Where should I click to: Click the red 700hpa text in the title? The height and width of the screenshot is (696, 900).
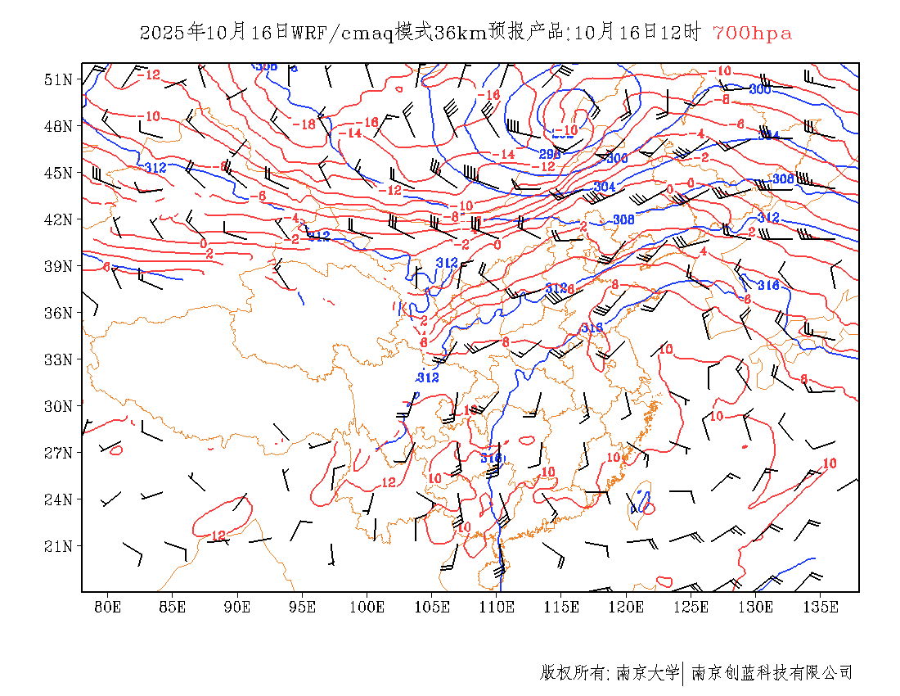(752, 34)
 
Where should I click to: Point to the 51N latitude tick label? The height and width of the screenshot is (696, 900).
(58, 79)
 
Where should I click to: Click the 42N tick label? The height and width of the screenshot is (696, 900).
(58, 219)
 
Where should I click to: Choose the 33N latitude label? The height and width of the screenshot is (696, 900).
(58, 359)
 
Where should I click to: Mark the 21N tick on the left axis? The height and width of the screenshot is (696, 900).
(58, 546)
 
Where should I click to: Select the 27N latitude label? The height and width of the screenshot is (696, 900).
(58, 453)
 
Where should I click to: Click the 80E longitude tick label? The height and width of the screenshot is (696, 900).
(108, 607)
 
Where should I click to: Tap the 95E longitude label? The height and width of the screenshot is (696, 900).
(303, 607)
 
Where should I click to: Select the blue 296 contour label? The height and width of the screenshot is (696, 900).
(550, 153)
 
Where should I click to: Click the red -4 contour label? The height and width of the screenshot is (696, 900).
(697, 133)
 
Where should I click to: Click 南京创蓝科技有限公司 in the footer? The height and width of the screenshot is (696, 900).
(772, 673)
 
